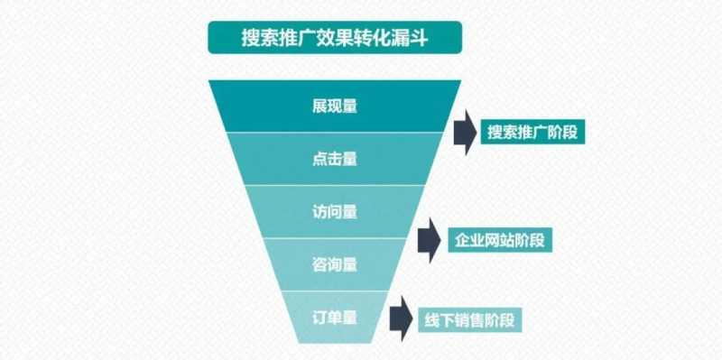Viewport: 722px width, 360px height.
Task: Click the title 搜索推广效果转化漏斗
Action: pos(334,39)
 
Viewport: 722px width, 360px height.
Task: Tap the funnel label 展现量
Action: pos(334,106)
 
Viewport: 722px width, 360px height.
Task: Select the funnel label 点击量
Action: pos(334,159)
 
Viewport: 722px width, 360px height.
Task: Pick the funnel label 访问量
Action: pos(334,212)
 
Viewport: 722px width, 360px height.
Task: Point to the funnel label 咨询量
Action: pos(334,265)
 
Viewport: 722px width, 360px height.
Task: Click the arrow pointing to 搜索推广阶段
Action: pos(464,133)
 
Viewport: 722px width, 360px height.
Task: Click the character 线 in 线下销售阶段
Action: pos(430,319)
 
